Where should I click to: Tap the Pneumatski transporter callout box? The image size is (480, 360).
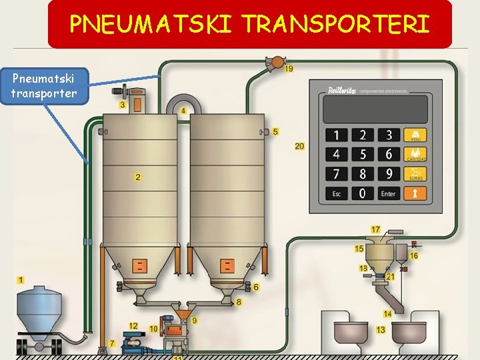44,86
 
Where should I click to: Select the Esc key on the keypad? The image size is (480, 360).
337,193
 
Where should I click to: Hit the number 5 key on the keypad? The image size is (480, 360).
363,154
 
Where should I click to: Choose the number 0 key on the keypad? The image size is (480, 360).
363,193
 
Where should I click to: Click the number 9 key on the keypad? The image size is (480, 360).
389,173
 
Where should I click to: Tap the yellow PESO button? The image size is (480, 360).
416,135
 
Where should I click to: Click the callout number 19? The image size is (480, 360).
289,69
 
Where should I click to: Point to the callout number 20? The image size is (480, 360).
299,146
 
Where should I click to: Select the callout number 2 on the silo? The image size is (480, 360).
137,177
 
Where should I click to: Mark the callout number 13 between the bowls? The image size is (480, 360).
381,330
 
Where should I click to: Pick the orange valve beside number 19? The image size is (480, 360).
273,63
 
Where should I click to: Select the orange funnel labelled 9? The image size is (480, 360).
182,311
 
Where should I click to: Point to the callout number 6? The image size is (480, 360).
255,287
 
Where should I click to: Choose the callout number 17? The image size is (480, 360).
376,230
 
